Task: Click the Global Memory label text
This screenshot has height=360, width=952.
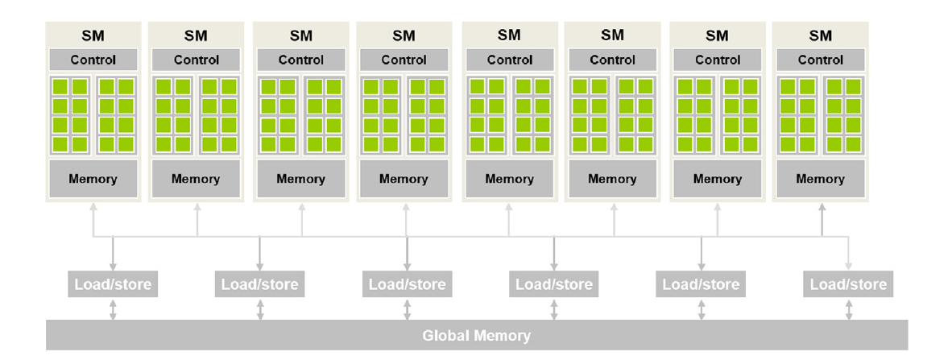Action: [x=476, y=335]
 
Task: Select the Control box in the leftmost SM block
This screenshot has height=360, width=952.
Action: [x=93, y=60]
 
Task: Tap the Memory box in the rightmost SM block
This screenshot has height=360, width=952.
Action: [x=820, y=179]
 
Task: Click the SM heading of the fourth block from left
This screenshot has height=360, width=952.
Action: [x=404, y=35]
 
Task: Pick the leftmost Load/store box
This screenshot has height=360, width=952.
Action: [x=113, y=284]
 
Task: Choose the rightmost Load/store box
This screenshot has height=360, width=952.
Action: [x=848, y=284]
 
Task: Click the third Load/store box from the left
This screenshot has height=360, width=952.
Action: [x=407, y=284]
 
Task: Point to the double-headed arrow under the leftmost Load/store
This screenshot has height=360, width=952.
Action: [x=113, y=309]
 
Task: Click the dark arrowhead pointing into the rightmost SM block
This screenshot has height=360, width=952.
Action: [x=822, y=209]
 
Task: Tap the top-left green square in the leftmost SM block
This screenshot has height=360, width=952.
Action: [x=60, y=86]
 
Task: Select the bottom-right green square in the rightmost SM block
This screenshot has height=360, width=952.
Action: [x=852, y=144]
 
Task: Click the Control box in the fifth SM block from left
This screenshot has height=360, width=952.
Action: [x=510, y=60]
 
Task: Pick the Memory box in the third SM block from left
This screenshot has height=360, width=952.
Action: [x=300, y=179]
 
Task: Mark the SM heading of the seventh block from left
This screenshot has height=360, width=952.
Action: [x=717, y=35]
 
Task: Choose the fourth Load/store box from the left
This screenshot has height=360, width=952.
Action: [x=554, y=284]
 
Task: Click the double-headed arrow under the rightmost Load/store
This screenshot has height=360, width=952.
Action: [x=848, y=309]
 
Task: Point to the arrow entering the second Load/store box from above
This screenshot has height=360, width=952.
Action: [x=259, y=264]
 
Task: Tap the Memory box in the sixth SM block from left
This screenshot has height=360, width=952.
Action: [x=612, y=179]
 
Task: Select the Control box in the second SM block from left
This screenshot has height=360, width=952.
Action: [x=197, y=60]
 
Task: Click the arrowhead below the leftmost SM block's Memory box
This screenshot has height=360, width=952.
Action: [x=93, y=209]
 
